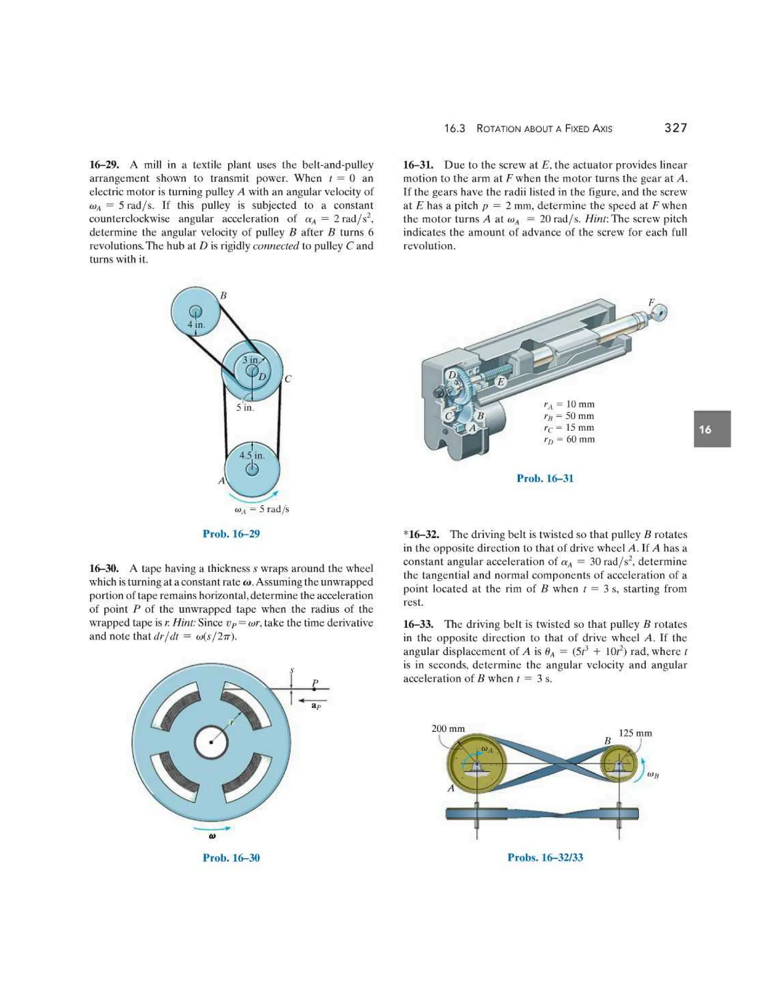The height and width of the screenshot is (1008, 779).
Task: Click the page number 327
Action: point(675,128)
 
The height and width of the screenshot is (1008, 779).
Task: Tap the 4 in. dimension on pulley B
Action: point(196,324)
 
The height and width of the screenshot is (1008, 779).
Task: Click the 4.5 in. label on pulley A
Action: point(252,456)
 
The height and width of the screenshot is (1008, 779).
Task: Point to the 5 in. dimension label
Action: point(245,407)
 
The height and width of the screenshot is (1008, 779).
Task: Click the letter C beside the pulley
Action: point(288,379)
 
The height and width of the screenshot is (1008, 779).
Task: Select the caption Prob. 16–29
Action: point(231,534)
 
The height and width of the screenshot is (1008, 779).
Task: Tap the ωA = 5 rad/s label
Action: point(262,510)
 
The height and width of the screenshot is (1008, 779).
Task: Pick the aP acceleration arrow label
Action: point(316,706)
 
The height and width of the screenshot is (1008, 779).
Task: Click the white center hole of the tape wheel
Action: point(211,742)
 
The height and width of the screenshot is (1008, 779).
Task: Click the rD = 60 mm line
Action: point(569,439)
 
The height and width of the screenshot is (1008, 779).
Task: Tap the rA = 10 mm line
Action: point(569,404)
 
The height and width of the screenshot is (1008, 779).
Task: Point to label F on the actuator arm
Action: point(651,302)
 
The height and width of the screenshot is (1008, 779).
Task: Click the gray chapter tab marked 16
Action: point(712,429)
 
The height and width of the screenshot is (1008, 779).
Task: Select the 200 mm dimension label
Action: point(448,729)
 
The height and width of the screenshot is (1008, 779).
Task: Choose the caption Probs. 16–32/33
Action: point(545,857)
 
